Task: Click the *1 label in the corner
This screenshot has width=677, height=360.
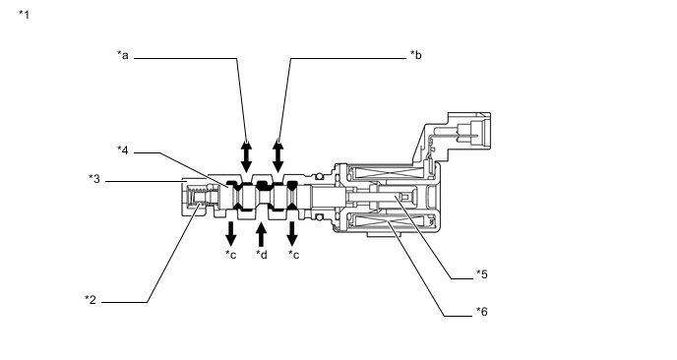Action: coord(25,15)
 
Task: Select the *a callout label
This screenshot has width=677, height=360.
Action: coord(123,55)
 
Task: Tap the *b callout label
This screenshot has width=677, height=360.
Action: coord(416,55)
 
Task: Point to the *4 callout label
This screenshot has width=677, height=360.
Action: coord(123,150)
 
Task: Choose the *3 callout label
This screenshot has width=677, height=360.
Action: coord(94,179)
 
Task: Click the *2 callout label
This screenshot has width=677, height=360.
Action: coord(91,300)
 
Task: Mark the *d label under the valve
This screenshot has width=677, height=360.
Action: coord(261,255)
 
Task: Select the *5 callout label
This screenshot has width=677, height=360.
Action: coord(482,274)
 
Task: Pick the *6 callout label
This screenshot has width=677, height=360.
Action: coord(482,311)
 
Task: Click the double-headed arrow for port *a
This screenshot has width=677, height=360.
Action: coord(246,157)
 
